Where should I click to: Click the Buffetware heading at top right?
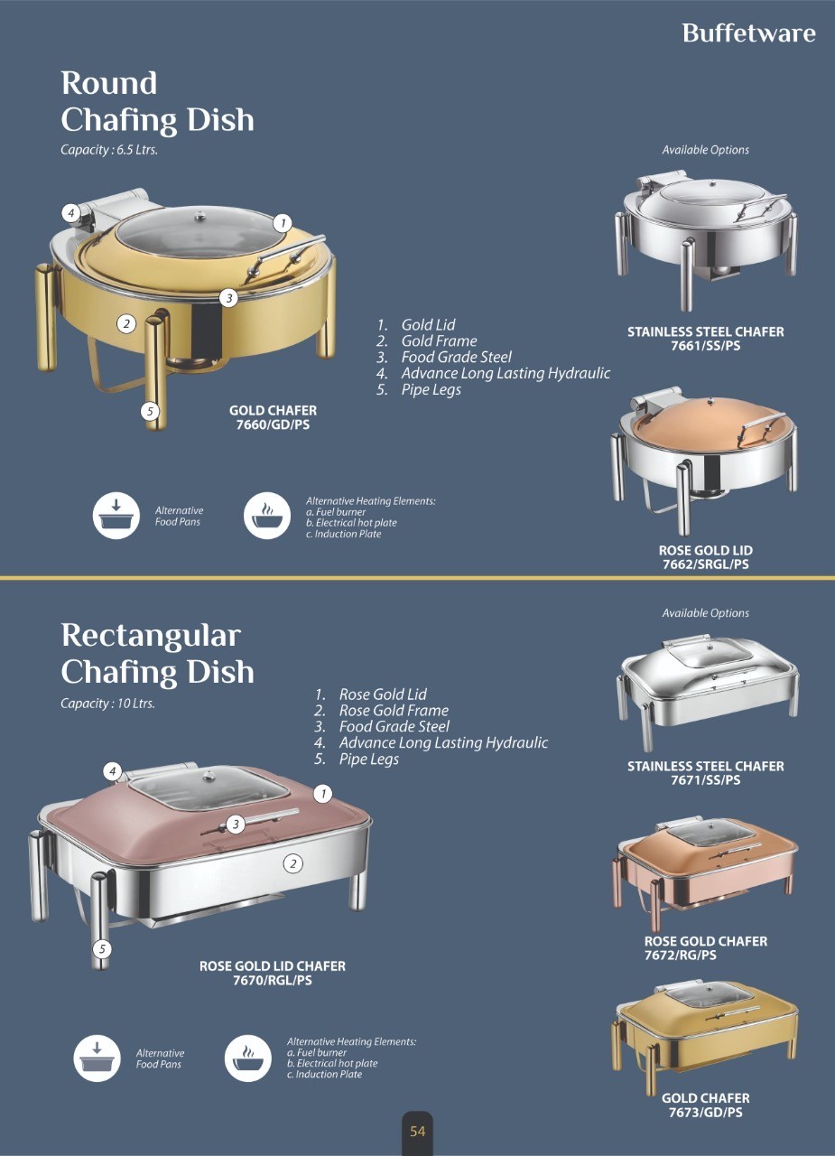click(x=748, y=33)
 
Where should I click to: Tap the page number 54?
click(x=417, y=1132)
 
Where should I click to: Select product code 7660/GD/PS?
click(x=273, y=424)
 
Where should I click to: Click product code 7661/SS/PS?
click(x=705, y=346)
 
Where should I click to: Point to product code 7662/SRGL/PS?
click(x=705, y=564)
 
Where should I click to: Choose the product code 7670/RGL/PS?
click(x=272, y=980)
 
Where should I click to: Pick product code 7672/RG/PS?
click(x=680, y=955)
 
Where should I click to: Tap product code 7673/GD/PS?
click(x=705, y=1113)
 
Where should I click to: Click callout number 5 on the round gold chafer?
click(x=151, y=412)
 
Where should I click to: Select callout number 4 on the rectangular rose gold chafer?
click(x=112, y=771)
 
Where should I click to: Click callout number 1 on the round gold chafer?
click(x=282, y=222)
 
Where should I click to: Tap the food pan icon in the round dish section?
click(x=116, y=517)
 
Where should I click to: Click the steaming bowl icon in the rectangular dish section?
click(x=247, y=1058)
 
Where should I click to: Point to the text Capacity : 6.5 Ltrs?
click(x=109, y=150)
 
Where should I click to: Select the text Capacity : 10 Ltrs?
click(x=107, y=704)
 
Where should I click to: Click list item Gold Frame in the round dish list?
click(x=439, y=340)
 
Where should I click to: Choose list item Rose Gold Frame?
click(x=394, y=710)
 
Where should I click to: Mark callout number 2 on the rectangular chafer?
click(x=292, y=863)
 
